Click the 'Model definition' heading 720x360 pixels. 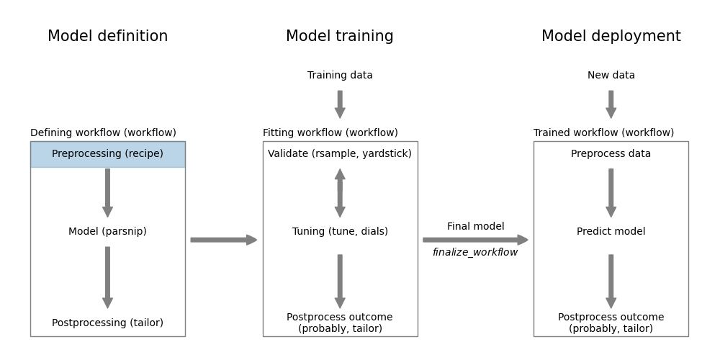point(107,37)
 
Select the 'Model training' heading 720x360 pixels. point(340,37)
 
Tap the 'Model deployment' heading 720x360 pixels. point(611,37)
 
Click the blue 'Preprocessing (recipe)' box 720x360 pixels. point(107,154)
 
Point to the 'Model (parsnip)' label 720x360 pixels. point(107,232)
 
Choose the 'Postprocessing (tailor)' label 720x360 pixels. point(107,323)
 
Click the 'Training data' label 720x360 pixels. point(340,76)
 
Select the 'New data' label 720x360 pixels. point(611,76)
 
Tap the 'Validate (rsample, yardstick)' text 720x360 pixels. point(340,154)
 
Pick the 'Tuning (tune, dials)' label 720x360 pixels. point(340,232)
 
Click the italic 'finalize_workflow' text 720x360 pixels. point(475,253)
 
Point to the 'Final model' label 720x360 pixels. point(475,227)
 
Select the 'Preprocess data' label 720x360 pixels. point(611,154)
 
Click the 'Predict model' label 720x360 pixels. point(611,232)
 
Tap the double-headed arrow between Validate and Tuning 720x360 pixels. point(340,193)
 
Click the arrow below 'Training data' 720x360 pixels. point(340,104)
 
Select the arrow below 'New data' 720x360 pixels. point(611,104)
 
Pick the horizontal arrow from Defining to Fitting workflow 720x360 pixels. point(223,240)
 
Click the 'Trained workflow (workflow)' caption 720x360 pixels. point(603,133)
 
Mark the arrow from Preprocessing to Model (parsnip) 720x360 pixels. point(107,193)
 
